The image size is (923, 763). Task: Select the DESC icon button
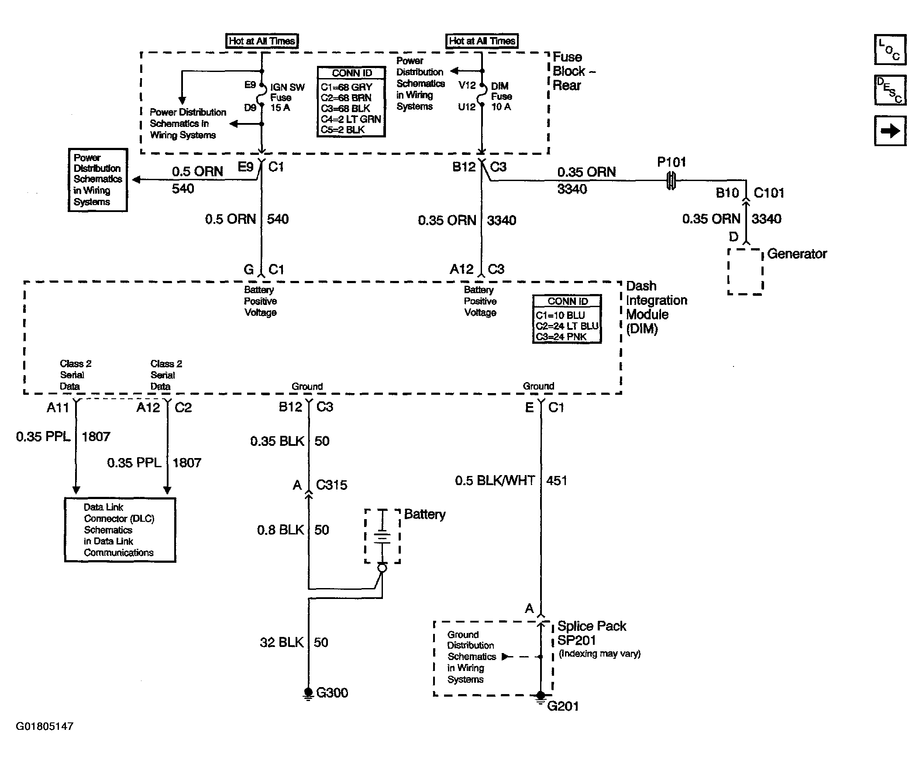[889, 90]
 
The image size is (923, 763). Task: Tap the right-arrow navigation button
[889, 130]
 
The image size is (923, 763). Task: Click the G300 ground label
[332, 693]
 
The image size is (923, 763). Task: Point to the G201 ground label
[563, 706]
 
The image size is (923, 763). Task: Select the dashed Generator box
[745, 271]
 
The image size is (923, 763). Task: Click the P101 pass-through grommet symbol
[671, 181]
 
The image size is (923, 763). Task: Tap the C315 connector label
[331, 485]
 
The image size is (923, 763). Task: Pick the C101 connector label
[769, 193]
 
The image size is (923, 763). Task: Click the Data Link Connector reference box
[120, 530]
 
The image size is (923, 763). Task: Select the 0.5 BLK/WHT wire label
[495, 481]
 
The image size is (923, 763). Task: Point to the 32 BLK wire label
[282, 643]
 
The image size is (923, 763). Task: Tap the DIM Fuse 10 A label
[502, 96]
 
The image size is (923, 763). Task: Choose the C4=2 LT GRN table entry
[351, 119]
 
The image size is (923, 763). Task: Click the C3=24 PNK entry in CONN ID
[561, 337]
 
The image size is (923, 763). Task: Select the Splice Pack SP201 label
[592, 633]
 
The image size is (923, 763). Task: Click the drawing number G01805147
[45, 726]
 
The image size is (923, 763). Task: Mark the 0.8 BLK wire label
[280, 530]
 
